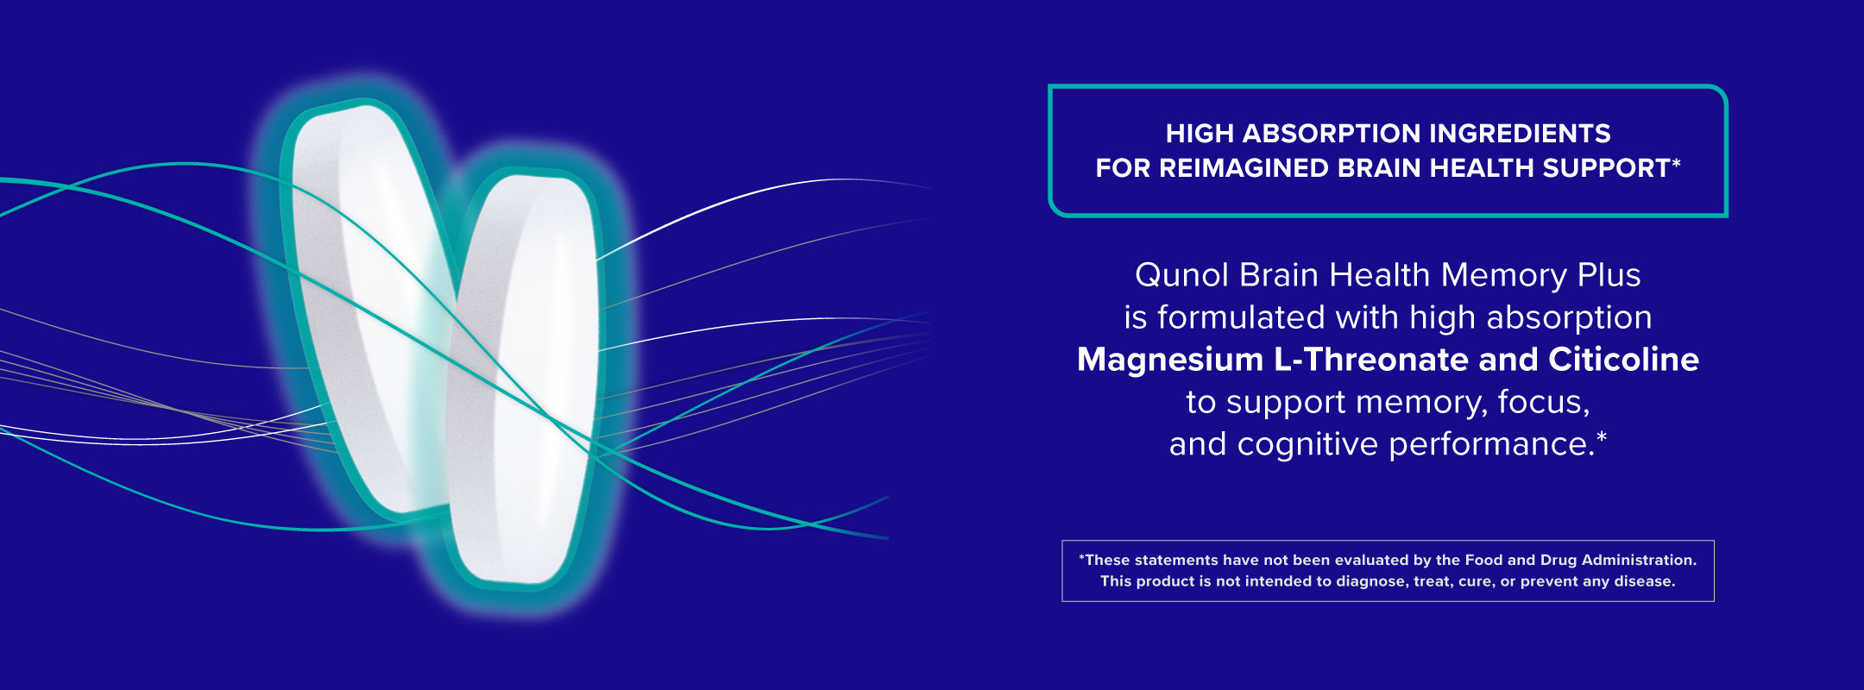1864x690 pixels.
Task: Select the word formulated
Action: click(1241, 317)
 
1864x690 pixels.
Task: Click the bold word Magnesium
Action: click(1170, 360)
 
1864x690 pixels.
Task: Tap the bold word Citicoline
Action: click(1623, 360)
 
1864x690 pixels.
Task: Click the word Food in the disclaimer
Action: click(1489, 560)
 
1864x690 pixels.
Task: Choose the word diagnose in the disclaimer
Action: click(1372, 582)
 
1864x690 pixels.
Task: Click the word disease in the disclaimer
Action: click(1645, 581)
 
